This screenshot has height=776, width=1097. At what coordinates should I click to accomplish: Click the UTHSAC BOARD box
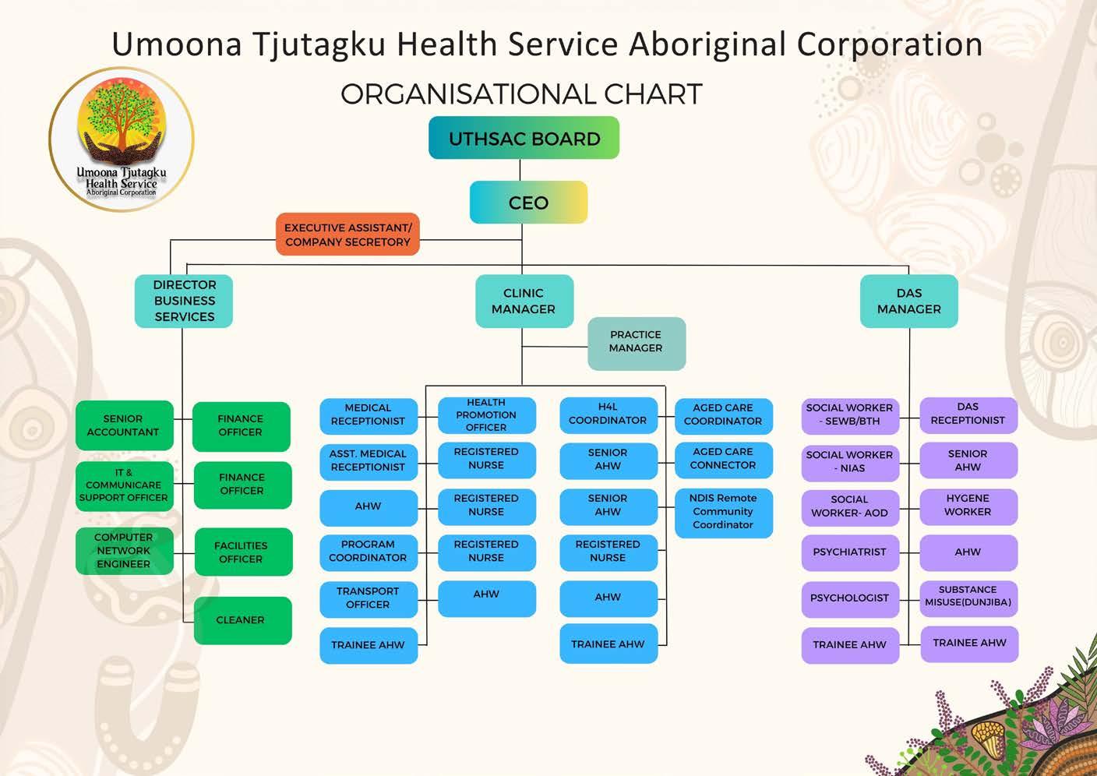[x=524, y=138]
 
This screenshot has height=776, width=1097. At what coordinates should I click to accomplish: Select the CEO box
[x=528, y=203]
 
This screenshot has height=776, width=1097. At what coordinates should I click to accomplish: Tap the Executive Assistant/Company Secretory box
[x=347, y=235]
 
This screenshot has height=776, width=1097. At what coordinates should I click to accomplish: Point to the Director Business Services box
[x=184, y=301]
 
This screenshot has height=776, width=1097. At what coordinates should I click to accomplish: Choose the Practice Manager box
[x=636, y=342]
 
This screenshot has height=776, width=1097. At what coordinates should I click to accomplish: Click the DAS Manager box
[x=908, y=301]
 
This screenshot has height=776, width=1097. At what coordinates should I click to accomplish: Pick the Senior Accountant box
[x=124, y=425]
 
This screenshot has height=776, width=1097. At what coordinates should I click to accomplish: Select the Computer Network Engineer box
[x=124, y=550]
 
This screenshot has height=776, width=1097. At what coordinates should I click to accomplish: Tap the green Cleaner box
[x=242, y=620]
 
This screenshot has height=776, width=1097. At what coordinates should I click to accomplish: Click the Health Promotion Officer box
[x=486, y=415]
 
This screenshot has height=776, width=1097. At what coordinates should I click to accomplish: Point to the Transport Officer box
[x=368, y=598]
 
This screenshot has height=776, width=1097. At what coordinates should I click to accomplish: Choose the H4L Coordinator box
[x=608, y=414]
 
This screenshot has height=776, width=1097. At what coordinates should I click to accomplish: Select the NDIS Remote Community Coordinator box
[x=723, y=512]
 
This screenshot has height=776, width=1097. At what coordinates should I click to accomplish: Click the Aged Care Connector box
[x=723, y=459]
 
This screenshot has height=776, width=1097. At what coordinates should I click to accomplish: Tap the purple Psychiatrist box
[x=849, y=552]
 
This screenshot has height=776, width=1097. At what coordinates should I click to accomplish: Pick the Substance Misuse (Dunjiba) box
[x=968, y=597]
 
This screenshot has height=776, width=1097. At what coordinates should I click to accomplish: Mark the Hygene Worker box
[x=968, y=506]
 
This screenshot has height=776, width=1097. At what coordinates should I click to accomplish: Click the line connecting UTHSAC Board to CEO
[x=520, y=170]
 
